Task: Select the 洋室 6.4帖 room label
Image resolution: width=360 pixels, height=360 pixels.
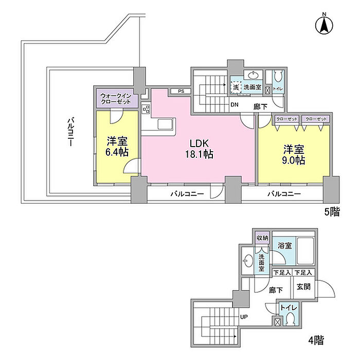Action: coord(117,146)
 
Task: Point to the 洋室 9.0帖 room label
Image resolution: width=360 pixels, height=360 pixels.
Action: coord(294,154)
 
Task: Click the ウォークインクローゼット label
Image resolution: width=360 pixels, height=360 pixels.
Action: coord(118,98)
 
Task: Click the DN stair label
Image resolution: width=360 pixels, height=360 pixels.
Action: coord(235,105)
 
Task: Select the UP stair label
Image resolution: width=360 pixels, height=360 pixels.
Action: coord(245,317)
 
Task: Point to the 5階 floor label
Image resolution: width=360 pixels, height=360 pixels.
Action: coord(331,212)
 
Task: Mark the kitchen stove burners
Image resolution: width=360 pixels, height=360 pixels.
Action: coord(145,109)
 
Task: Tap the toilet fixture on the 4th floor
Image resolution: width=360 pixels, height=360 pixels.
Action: coord(290,321)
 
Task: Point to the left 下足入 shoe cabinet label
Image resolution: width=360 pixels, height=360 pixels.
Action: coord(283,273)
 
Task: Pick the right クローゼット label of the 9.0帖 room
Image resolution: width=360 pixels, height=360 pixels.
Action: coord(316,119)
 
